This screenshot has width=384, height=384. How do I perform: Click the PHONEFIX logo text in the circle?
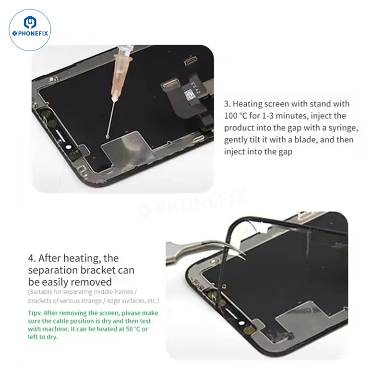[x=31, y=33]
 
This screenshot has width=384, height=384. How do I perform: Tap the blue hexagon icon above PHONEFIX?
[x=30, y=22]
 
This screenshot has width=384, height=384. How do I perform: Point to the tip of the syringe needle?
[x=107, y=136]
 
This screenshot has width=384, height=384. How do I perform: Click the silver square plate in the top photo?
[x=128, y=150]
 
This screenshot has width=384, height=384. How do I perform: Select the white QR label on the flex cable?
[x=190, y=94]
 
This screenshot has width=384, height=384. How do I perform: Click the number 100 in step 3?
[x=230, y=116]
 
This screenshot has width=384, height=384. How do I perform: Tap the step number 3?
[x=227, y=104]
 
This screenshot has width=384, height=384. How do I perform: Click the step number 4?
[x=32, y=258]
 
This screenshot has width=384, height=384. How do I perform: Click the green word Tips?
[x=35, y=313]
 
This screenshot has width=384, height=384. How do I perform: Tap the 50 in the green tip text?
[x=129, y=329]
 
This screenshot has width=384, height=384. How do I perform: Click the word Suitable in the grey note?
[x=44, y=292]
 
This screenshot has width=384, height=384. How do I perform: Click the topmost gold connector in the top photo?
[x=192, y=61]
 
